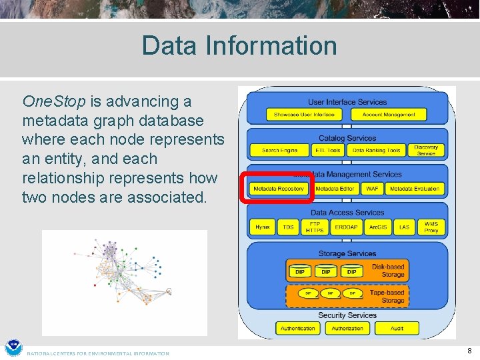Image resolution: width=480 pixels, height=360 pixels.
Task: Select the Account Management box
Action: click(x=389, y=115)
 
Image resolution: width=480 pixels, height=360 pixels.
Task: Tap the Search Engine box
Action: click(x=280, y=151)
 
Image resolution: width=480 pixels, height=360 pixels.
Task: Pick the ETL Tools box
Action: click(x=328, y=151)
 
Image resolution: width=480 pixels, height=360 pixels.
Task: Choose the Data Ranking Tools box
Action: click(x=377, y=151)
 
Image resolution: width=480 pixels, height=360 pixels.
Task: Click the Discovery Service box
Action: click(x=426, y=151)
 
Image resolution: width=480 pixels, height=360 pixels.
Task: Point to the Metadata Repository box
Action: click(x=279, y=189)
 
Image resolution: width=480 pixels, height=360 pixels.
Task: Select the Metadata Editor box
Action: click(x=335, y=189)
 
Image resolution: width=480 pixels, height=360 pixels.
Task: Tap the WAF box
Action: click(x=372, y=189)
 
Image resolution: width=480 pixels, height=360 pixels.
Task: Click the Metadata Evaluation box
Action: click(x=415, y=189)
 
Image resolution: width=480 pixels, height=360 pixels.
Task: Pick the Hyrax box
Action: click(x=263, y=227)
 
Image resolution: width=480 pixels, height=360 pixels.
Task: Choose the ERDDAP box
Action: click(x=346, y=227)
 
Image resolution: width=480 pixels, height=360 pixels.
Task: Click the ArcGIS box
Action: click(x=378, y=227)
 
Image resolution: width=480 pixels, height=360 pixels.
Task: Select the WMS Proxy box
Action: click(x=431, y=227)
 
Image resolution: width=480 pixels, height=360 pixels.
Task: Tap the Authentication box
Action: click(x=298, y=328)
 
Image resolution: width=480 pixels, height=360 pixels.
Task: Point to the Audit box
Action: click(x=397, y=328)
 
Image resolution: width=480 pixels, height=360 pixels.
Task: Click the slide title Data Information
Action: click(x=239, y=45)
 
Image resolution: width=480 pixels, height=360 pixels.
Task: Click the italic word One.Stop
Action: click(x=54, y=101)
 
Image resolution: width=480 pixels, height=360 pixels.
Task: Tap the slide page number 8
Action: click(x=469, y=351)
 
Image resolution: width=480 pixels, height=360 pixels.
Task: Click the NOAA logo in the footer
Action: click(x=13, y=348)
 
